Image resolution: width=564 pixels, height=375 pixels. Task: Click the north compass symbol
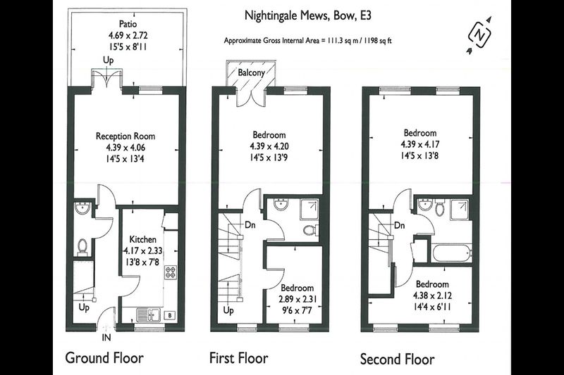coord(479,35)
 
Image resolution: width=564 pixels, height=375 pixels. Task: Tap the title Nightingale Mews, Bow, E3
coord(307,15)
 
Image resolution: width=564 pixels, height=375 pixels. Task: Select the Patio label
coord(128,24)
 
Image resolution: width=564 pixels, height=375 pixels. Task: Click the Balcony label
coord(251,72)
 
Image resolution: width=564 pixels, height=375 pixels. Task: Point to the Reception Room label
coord(125,136)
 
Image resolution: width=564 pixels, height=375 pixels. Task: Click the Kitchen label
coord(143,239)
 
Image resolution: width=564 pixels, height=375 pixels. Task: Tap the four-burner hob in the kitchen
coord(170,272)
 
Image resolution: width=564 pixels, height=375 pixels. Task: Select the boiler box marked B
coord(170,315)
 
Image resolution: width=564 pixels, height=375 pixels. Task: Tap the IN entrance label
coord(106,337)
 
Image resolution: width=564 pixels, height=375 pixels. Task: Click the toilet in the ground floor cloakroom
coord(82,247)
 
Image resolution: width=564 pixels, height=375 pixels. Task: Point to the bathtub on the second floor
coord(452,253)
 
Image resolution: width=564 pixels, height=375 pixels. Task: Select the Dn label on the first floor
coord(250,225)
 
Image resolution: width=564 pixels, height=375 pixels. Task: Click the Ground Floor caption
coord(104,358)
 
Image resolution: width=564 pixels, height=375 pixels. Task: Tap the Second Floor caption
coord(398,359)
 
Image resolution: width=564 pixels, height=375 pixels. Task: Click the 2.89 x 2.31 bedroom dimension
coord(298,299)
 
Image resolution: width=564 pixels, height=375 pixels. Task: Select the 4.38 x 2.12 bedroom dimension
coord(432,295)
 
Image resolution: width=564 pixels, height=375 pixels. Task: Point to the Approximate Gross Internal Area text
coord(307,41)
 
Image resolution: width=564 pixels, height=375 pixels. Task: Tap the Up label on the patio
coord(108,60)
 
